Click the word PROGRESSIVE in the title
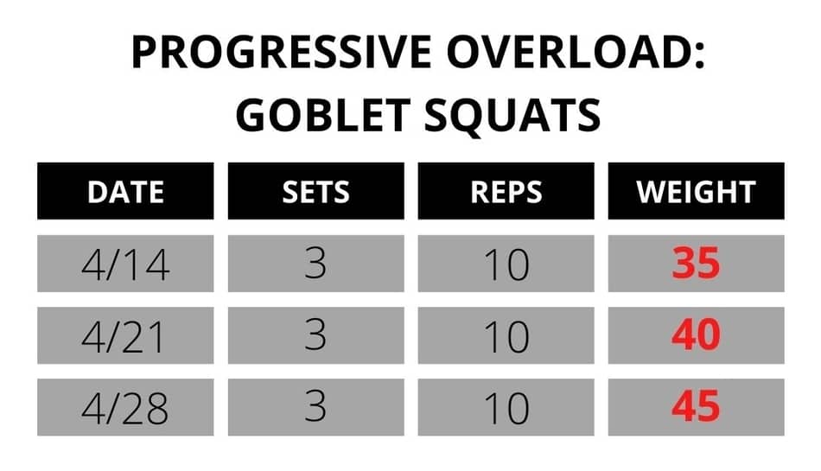pos(281,52)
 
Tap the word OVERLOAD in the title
pos(576,52)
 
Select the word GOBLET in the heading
pos(322,115)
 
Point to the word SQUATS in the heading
pos(512,116)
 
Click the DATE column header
pos(125,192)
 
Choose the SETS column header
pos(315,192)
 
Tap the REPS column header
pos(506,192)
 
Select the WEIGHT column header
pos(696,192)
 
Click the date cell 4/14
pos(125,264)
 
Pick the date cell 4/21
pos(125,336)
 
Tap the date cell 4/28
pos(125,408)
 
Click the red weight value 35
pos(696,264)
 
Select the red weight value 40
pos(696,335)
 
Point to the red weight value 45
pos(696,407)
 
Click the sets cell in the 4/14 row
pos(315,264)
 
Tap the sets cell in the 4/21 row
pos(315,336)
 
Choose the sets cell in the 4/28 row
pos(315,408)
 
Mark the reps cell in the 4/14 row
pos(506,264)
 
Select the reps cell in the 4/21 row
pos(506,336)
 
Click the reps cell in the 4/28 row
pos(506,408)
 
